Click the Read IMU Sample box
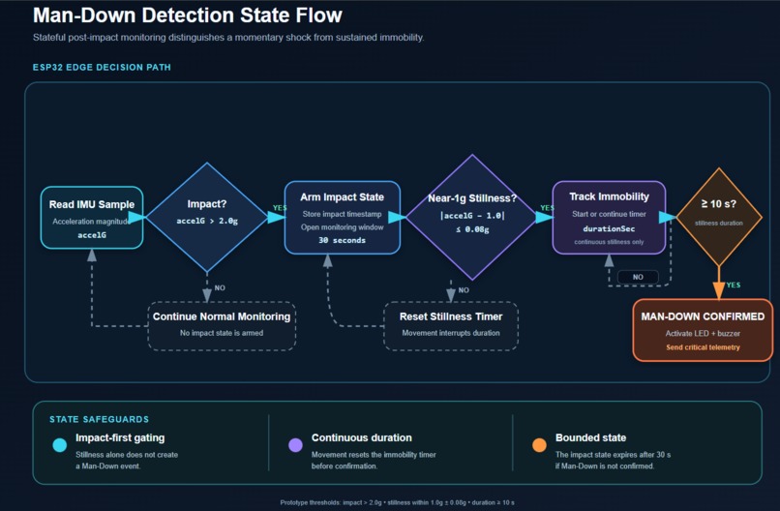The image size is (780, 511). pyautogui.click(x=92, y=218)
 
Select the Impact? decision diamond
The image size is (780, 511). pyautogui.click(x=207, y=218)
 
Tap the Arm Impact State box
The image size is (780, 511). pyautogui.click(x=343, y=218)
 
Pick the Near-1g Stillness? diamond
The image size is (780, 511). pyautogui.click(x=472, y=218)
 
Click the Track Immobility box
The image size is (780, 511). pyautogui.click(x=609, y=218)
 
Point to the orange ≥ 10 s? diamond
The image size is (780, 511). pyautogui.click(x=719, y=217)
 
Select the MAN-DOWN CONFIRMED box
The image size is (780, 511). pyautogui.click(x=703, y=330)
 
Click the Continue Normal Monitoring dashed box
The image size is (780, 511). pyautogui.click(x=222, y=326)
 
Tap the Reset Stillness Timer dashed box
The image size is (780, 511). pyautogui.click(x=451, y=326)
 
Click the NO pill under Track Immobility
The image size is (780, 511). pyautogui.click(x=638, y=277)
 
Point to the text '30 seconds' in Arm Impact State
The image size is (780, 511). pyautogui.click(x=343, y=240)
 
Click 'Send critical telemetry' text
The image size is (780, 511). pyautogui.click(x=703, y=347)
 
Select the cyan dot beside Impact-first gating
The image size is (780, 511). pyautogui.click(x=60, y=445)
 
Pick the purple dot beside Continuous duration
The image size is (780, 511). pyautogui.click(x=295, y=445)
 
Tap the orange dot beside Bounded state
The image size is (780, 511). pyautogui.click(x=539, y=445)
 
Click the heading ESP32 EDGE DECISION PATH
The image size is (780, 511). pyautogui.click(x=102, y=67)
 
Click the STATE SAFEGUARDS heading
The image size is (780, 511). pyautogui.click(x=100, y=419)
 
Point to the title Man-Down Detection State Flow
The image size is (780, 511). pyautogui.click(x=188, y=15)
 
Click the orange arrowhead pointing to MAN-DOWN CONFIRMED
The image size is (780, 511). pyautogui.click(x=719, y=290)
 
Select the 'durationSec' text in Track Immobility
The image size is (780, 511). pyautogui.click(x=609, y=228)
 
